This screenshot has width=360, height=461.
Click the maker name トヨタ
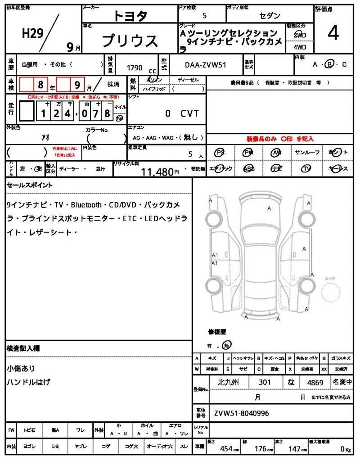click(130, 16)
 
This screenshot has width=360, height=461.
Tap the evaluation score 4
click(333, 33)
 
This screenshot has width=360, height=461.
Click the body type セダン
click(270, 16)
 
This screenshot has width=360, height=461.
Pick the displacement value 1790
click(135, 68)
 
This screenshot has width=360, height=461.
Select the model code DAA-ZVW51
click(206, 65)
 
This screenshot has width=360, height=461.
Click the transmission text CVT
click(189, 114)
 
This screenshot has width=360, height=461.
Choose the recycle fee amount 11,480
click(157, 172)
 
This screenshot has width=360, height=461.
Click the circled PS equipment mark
click(220, 153)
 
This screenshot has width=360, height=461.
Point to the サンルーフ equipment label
click(307, 153)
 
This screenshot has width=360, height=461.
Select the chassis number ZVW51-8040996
click(242, 413)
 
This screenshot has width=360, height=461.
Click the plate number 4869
click(315, 382)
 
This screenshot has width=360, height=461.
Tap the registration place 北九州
click(228, 382)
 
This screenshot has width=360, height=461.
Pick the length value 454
click(226, 449)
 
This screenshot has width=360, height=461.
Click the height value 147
click(295, 449)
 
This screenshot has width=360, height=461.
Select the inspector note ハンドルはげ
click(28, 382)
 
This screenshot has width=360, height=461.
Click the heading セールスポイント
click(30, 185)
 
